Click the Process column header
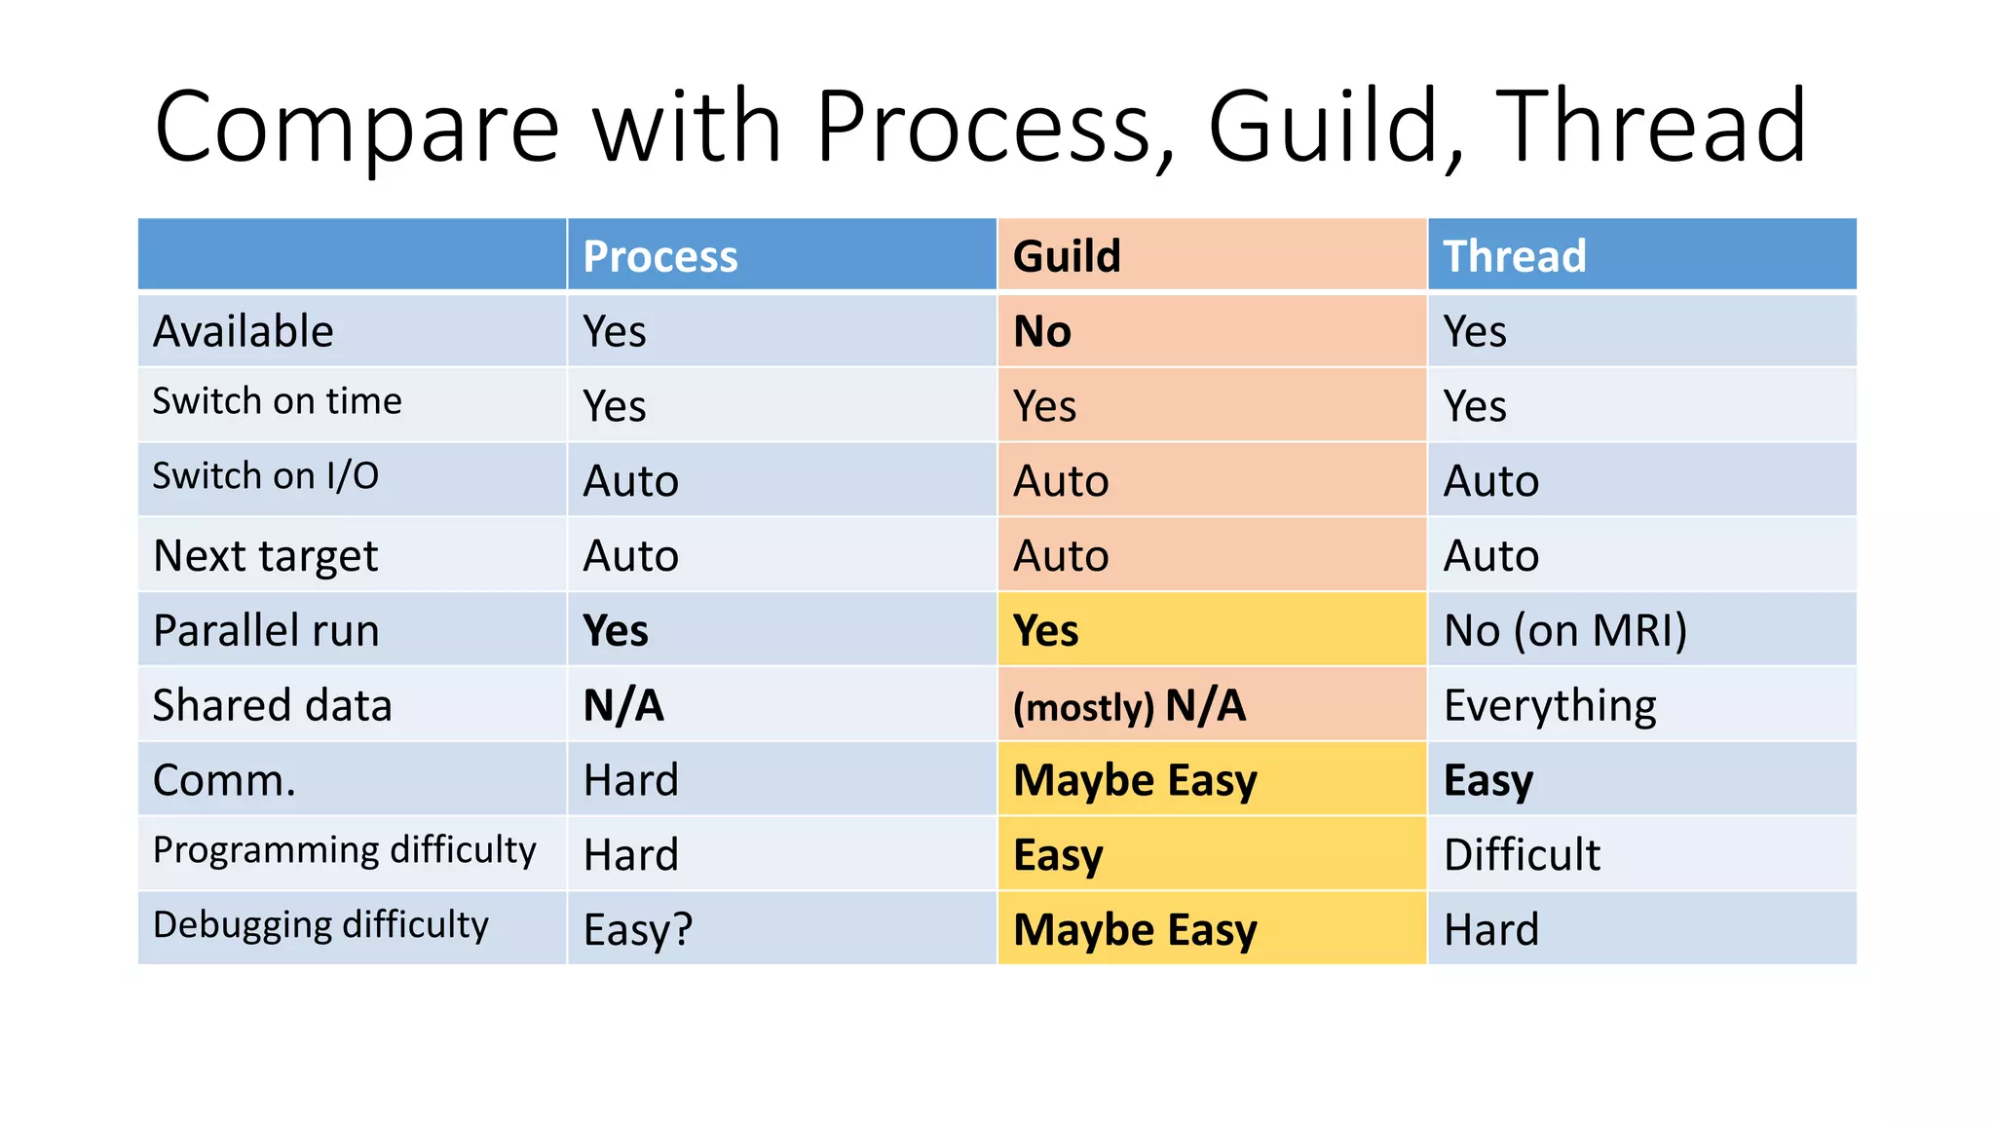pos(660,256)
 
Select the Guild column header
pos(1067,256)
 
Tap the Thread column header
pos(1514,256)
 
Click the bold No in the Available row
pos(1042,331)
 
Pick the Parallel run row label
pos(266,630)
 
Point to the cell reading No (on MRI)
pos(1564,630)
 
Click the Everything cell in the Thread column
pos(1549,705)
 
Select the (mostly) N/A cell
pos(1129,705)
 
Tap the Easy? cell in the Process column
pos(637,929)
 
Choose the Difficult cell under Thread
pos(1522,854)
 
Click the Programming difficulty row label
pos(344,850)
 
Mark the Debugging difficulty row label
pos(320,924)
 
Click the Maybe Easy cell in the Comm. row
pos(1135,780)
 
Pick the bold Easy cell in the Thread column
pos(1487,780)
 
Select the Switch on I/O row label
pos(265,476)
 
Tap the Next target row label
pos(265,556)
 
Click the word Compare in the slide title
pos(357,127)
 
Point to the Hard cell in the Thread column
pos(1490,929)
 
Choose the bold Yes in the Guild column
pos(1045,630)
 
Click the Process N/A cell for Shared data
pos(623,705)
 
